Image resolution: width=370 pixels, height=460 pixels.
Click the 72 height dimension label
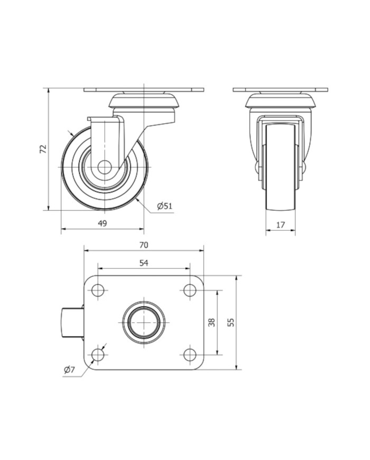tap(43, 149)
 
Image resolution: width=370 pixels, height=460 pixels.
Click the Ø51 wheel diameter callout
tap(164, 206)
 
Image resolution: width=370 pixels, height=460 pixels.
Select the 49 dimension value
tap(102, 223)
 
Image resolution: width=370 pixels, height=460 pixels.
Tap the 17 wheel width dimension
tap(280, 225)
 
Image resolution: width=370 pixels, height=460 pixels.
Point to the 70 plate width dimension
tap(144, 245)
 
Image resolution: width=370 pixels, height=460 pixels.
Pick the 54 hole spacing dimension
tap(144, 263)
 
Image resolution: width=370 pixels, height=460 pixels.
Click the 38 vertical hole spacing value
tap(212, 322)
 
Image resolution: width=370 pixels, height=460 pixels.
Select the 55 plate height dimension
tap(232, 322)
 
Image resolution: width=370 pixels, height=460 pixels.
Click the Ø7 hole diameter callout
tap(69, 370)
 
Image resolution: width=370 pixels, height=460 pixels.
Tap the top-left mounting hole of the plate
tap(98, 291)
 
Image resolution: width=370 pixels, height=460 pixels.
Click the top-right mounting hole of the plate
tap(190, 291)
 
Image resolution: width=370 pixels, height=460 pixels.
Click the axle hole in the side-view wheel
tap(104, 167)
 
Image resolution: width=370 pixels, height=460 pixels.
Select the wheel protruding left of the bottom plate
tap(72, 322)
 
